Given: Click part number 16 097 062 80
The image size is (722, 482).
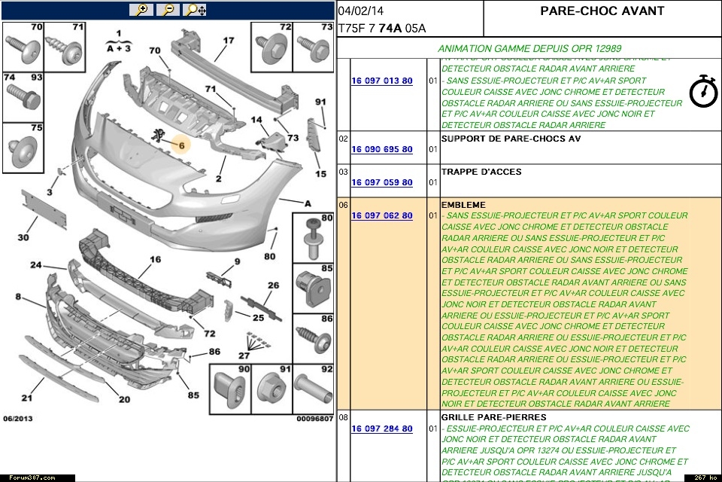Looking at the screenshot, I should click(381, 216).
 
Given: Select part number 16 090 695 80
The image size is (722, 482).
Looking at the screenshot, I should click(381, 150).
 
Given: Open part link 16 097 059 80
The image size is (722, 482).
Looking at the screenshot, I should click(381, 183).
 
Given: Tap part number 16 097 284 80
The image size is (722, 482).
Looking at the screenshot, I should click(381, 429).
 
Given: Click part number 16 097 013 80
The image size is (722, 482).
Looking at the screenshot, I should click(381, 81).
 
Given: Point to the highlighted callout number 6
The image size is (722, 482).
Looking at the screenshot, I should click(180, 144).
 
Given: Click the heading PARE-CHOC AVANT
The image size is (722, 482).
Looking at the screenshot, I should click(602, 11).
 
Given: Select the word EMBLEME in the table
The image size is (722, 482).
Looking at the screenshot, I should click(463, 205).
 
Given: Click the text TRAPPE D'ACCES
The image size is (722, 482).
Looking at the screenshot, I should click(481, 172).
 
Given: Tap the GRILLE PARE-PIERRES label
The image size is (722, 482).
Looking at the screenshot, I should click(493, 417).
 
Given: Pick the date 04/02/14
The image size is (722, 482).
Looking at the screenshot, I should click(360, 11).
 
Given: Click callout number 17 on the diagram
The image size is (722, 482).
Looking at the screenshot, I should click(228, 41).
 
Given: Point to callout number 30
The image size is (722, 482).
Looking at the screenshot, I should click(23, 238).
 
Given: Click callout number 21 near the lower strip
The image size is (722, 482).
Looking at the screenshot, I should click(27, 398).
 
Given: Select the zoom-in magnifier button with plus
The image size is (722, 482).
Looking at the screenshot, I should click(141, 10).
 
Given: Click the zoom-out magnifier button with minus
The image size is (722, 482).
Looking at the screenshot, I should click(168, 10).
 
